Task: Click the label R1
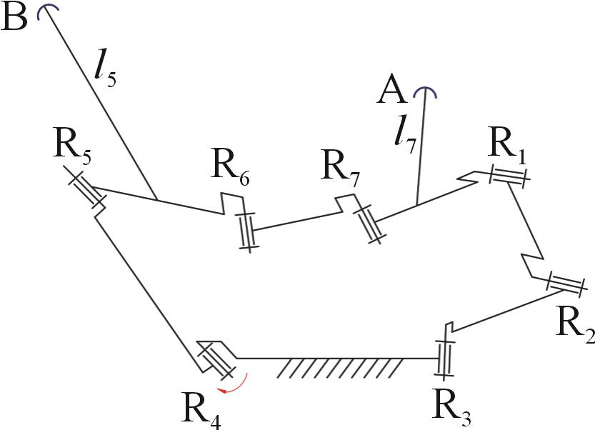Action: [509, 146]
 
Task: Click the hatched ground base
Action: [339, 367]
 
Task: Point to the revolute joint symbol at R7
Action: [369, 225]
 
